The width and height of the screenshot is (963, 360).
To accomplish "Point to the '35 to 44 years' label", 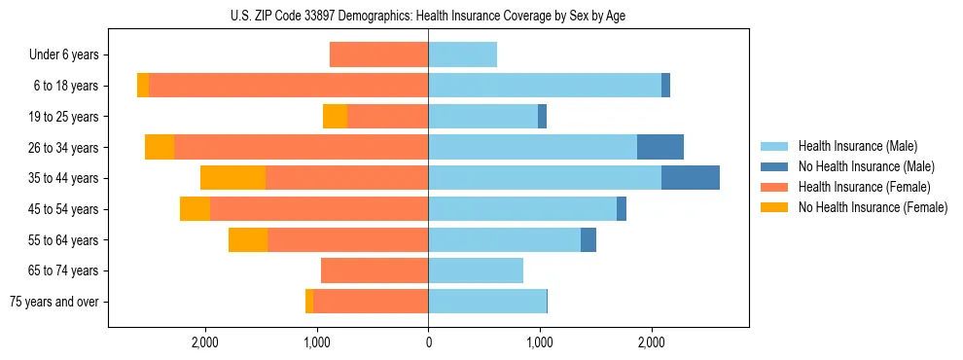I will click(65, 178).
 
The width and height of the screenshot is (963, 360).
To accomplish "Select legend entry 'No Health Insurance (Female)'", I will click(872, 207).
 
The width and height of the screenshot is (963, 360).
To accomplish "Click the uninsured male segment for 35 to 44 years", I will click(691, 178).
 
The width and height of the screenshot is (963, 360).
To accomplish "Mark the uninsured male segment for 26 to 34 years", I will click(660, 147).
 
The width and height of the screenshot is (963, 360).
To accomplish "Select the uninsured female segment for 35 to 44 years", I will click(232, 178).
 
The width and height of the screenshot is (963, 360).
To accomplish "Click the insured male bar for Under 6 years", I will click(463, 54).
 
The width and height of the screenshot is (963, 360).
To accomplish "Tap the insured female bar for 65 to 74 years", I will click(374, 270).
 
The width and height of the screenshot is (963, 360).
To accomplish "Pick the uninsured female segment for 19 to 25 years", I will click(335, 117).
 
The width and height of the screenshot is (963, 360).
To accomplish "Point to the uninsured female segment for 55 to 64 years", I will click(248, 239).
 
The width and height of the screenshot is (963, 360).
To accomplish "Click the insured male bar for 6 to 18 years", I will click(545, 86).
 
